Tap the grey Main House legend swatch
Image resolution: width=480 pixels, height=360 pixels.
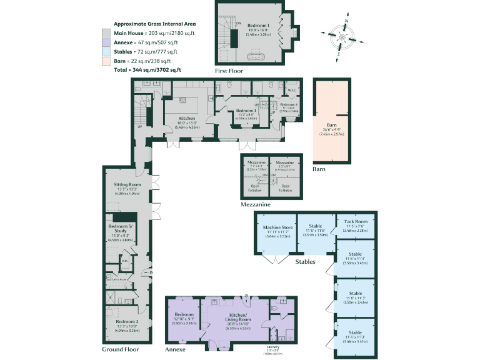pos(106,32)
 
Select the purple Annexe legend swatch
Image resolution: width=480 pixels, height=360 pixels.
pos(106,42)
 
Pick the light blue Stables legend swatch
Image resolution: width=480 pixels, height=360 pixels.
pos(106,52)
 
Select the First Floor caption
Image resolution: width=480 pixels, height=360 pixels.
pos(229,71)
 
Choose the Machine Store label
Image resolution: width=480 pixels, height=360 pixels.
pos(278,227)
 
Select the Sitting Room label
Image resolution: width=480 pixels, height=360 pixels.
pos(127,185)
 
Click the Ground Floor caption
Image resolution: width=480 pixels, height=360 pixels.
pos(121,349)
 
